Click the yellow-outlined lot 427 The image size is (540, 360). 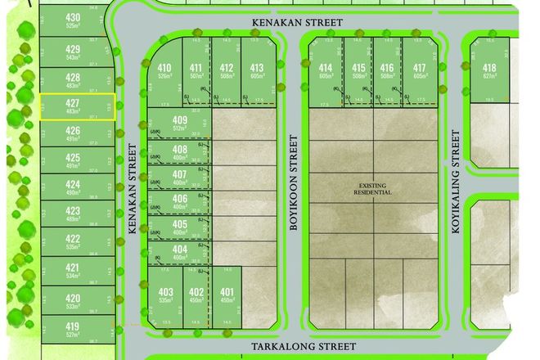(74, 107)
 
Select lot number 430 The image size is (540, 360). (74, 21)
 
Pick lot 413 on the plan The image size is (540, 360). (257, 72)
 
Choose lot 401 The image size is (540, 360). (227, 295)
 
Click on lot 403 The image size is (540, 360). (166, 295)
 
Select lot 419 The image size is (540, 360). (74, 328)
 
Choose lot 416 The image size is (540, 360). (389, 72)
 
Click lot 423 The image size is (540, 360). (74, 214)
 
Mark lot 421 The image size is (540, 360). (74, 272)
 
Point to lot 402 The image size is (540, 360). (196, 295)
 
